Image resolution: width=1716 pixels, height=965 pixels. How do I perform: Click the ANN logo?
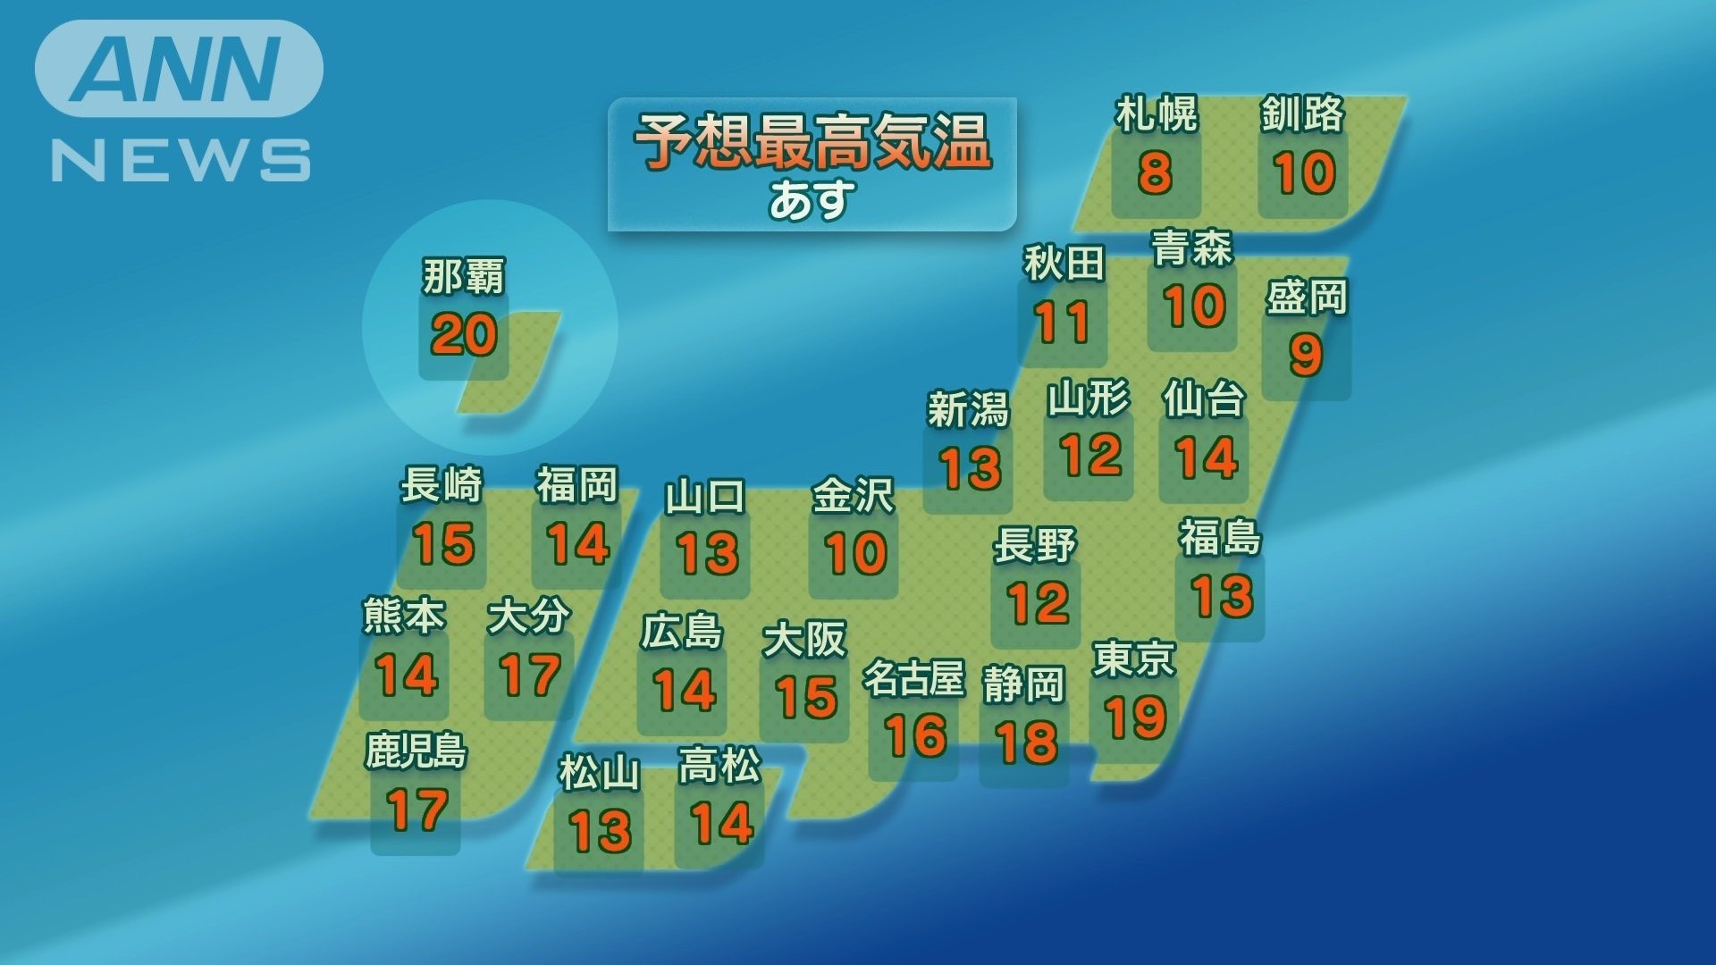point(179,69)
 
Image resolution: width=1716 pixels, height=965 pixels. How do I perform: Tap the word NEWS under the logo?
point(181,161)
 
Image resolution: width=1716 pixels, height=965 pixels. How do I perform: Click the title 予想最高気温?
point(812,142)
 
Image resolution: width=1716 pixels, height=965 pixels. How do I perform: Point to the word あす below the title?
point(812,200)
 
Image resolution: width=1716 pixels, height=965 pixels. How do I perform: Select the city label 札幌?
point(1156,114)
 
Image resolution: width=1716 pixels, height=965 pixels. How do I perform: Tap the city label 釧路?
point(1302,114)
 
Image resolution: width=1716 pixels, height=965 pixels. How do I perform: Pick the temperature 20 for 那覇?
point(463,335)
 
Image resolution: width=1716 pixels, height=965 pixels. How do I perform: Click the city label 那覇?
point(463,277)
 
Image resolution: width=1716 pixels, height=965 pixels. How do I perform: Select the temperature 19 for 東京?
point(1135,717)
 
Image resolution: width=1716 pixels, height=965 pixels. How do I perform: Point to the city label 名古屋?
point(913,678)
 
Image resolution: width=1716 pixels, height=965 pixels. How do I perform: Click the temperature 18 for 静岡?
point(1026,742)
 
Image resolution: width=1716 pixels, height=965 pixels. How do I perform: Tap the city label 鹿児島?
point(416,751)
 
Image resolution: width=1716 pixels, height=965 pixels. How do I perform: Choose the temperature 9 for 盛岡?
point(1306,355)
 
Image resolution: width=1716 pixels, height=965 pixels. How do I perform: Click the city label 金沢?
point(852,497)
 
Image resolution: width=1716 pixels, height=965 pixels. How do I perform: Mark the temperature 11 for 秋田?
point(1062,322)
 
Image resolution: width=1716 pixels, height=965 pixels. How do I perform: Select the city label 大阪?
point(804,640)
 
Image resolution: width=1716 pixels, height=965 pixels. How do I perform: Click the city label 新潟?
point(967,410)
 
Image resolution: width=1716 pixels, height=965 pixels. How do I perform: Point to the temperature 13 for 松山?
point(601,831)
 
